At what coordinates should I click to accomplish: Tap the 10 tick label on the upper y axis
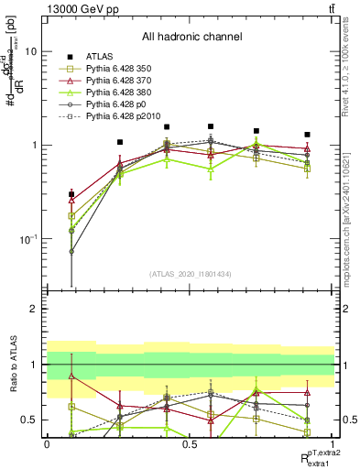click(31, 52)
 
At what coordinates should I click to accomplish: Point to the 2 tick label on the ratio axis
click(35, 310)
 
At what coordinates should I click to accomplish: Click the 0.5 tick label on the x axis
click(190, 444)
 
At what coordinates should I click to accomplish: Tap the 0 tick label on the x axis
click(47, 444)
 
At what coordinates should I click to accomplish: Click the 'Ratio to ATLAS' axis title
click(12, 365)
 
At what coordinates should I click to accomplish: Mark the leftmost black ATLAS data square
click(71, 194)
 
